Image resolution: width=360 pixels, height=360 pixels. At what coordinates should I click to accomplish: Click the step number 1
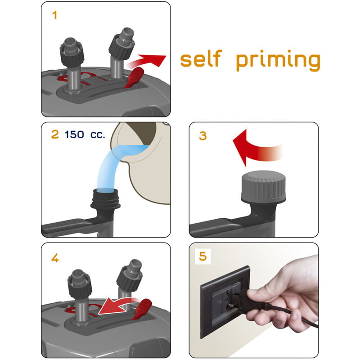pos(54,15)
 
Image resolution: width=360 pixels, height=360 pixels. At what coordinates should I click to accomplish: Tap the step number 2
pos(55,134)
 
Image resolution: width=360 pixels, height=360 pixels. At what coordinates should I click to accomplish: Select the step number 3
pos(203,136)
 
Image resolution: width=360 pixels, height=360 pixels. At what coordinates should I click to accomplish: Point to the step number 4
pos(55,258)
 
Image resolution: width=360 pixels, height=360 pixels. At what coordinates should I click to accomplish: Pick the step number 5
pos(203,256)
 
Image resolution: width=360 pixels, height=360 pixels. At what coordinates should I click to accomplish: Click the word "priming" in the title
pos(278,60)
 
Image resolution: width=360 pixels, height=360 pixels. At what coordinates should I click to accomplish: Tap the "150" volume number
pos(74,135)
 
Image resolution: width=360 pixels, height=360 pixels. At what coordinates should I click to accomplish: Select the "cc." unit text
pos(98,135)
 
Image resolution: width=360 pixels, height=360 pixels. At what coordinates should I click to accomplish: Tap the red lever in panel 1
pos(134,78)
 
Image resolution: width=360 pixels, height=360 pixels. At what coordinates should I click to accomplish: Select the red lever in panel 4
pos(142,309)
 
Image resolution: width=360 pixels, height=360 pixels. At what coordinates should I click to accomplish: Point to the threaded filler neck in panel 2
pos(106,198)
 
